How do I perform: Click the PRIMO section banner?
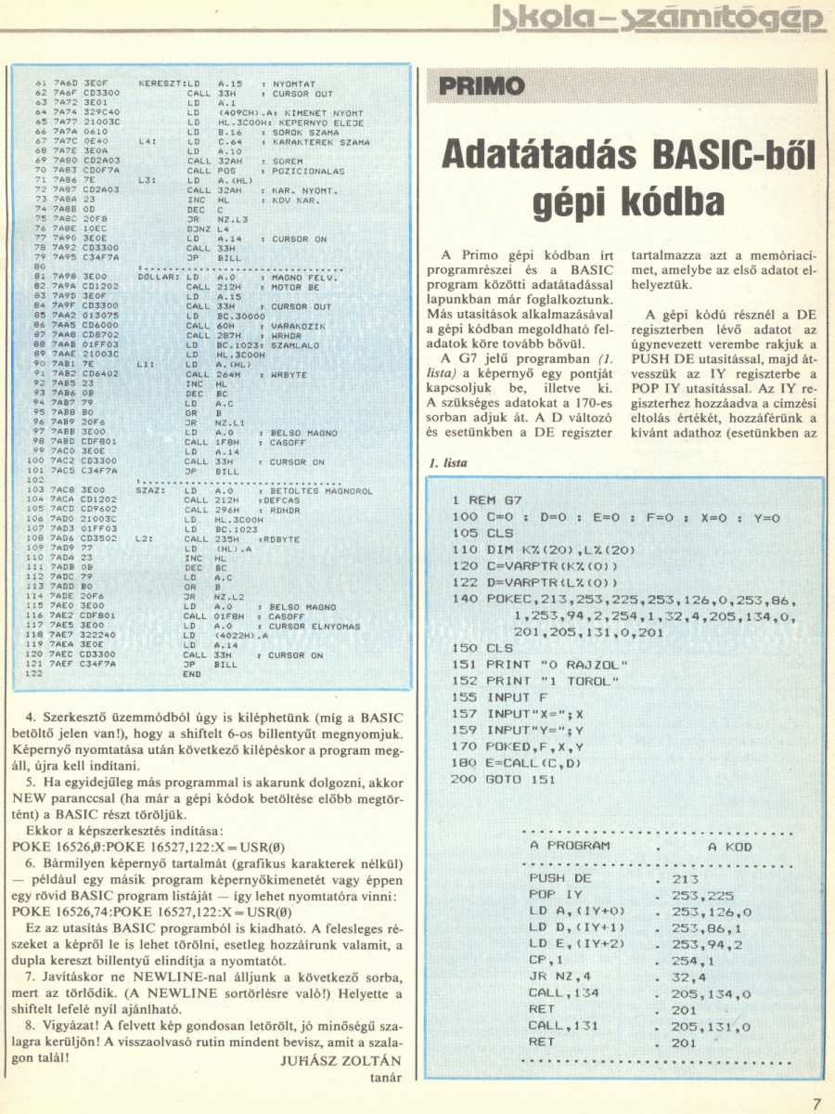475,88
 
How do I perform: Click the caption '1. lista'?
447,462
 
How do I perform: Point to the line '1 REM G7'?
491,500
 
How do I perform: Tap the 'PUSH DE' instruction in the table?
559,878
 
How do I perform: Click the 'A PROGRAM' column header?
570,846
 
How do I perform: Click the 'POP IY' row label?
555,895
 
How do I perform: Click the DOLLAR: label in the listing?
158,277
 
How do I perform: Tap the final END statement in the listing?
193,674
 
